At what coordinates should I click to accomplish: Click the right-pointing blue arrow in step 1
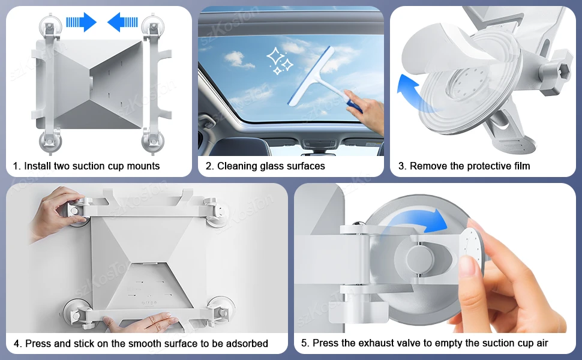click(x=81, y=22)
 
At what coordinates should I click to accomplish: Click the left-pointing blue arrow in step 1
click(x=122, y=22)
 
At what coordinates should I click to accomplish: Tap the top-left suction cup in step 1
click(x=51, y=25)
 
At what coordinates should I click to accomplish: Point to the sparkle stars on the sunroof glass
click(x=280, y=61)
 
